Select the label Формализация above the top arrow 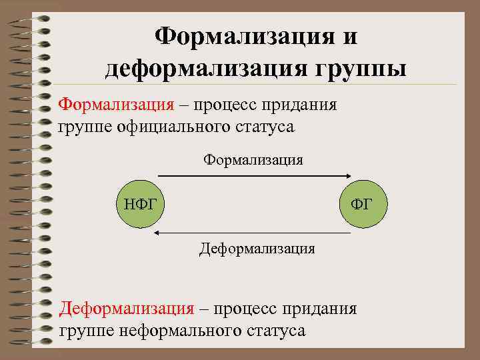[253, 159]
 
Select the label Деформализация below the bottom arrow [257, 249]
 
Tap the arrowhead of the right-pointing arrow [348, 175]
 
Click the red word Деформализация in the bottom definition [127, 309]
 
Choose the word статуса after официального [262, 126]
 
